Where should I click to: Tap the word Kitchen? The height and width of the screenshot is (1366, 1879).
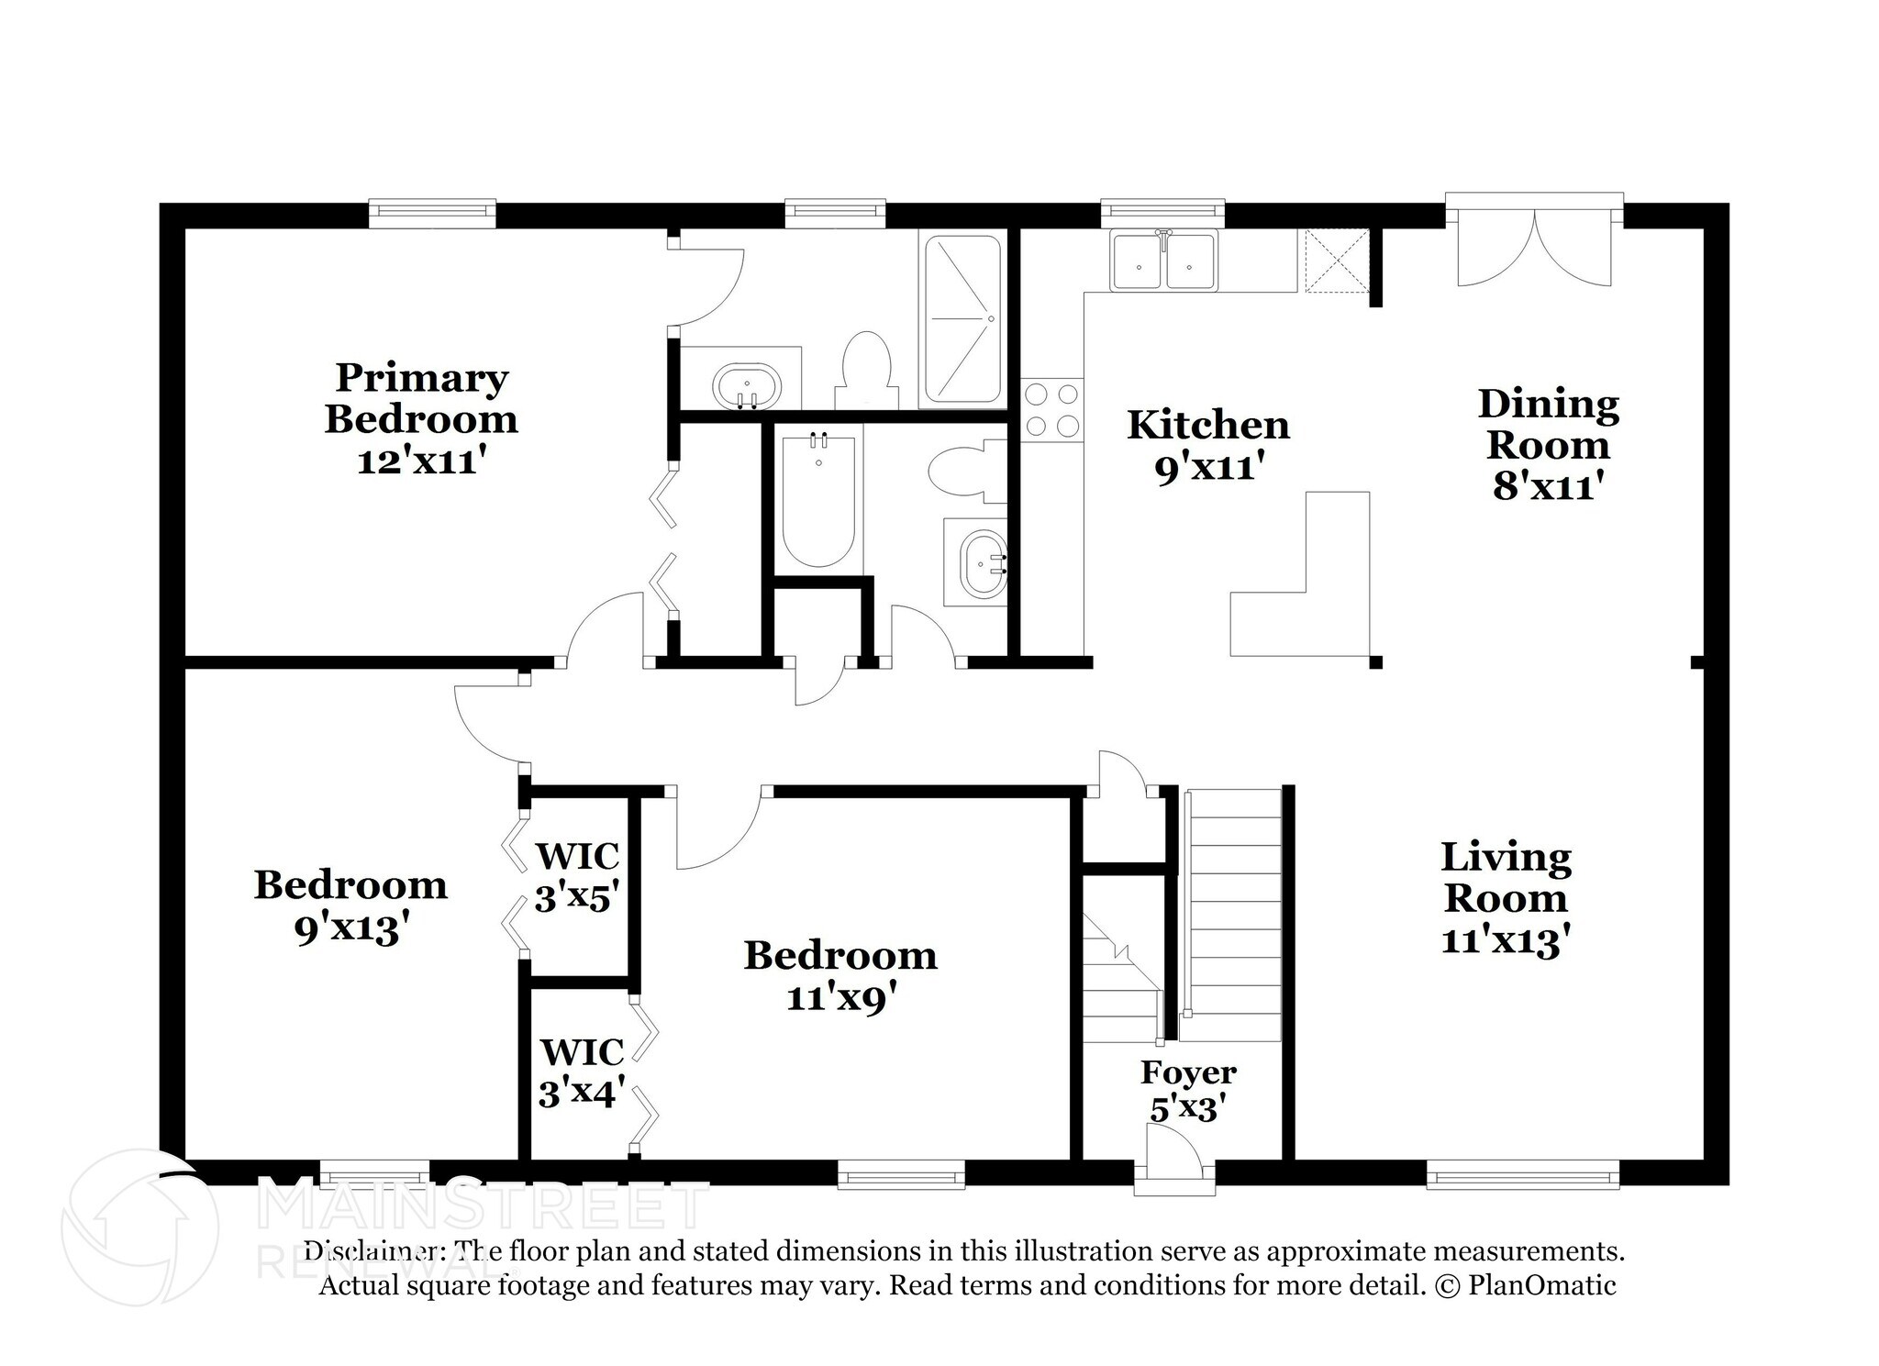click(x=1208, y=425)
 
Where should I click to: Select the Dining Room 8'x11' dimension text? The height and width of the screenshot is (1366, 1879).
click(x=1549, y=486)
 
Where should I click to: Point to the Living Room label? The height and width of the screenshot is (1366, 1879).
click(x=1507, y=877)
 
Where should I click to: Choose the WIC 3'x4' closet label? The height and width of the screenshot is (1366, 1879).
click(x=582, y=1072)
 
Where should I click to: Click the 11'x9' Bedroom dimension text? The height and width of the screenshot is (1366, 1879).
click(x=840, y=997)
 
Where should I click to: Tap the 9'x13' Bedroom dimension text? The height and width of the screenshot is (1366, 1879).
click(x=350, y=929)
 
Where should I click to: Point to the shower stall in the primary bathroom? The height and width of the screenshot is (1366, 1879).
click(x=962, y=319)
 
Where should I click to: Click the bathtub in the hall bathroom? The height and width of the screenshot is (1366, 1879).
click(x=819, y=500)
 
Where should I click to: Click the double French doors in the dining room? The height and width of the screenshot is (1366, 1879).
click(x=1534, y=243)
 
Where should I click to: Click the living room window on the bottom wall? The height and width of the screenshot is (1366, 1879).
click(x=1523, y=1175)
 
